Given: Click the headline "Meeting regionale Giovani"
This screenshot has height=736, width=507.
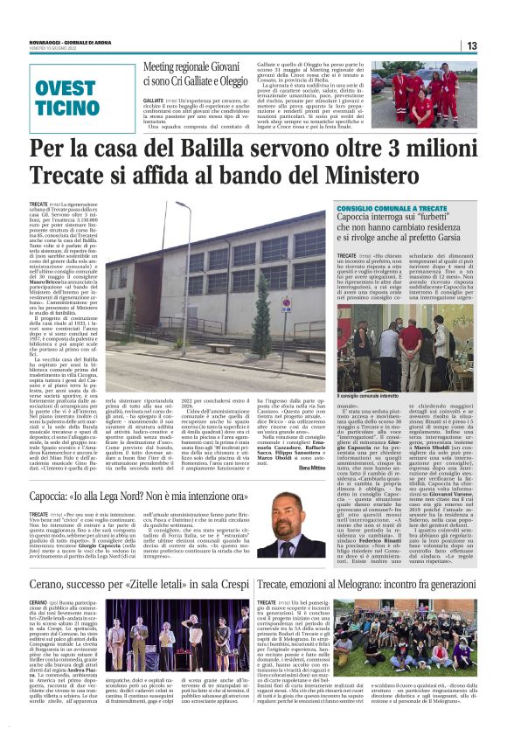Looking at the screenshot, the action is (x=190, y=66).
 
